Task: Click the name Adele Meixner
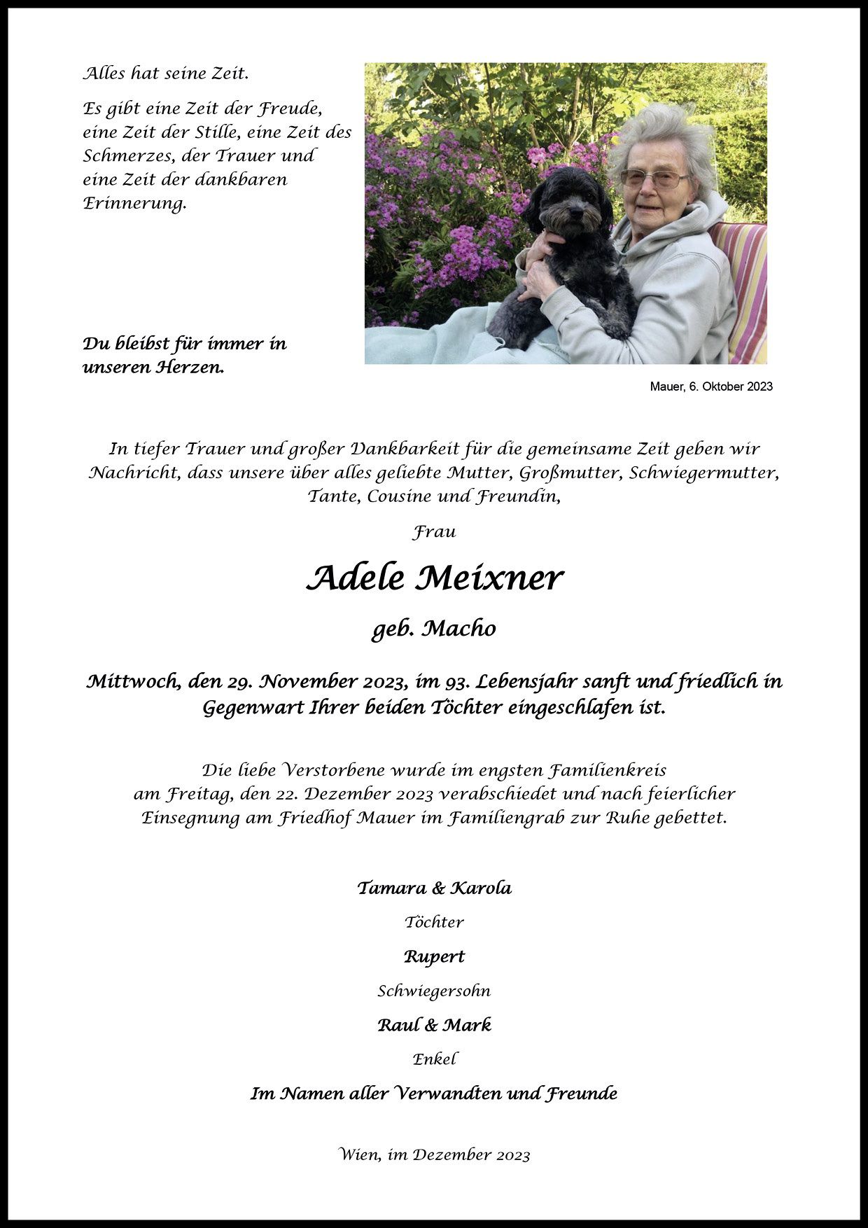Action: (x=434, y=578)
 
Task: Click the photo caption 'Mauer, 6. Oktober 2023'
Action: (x=711, y=386)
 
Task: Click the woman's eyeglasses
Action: (x=653, y=179)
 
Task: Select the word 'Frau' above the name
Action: (x=434, y=532)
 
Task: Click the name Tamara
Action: (x=391, y=888)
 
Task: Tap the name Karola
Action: (x=480, y=888)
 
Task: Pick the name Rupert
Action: (x=434, y=956)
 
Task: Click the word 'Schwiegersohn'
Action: (x=434, y=991)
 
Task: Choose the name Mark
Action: (x=468, y=1025)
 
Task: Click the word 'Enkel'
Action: (x=434, y=1059)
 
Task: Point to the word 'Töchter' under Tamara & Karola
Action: (x=434, y=922)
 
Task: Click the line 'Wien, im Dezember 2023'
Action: (x=434, y=1154)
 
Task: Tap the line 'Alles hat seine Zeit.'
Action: (x=166, y=74)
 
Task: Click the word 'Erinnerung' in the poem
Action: (x=134, y=204)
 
